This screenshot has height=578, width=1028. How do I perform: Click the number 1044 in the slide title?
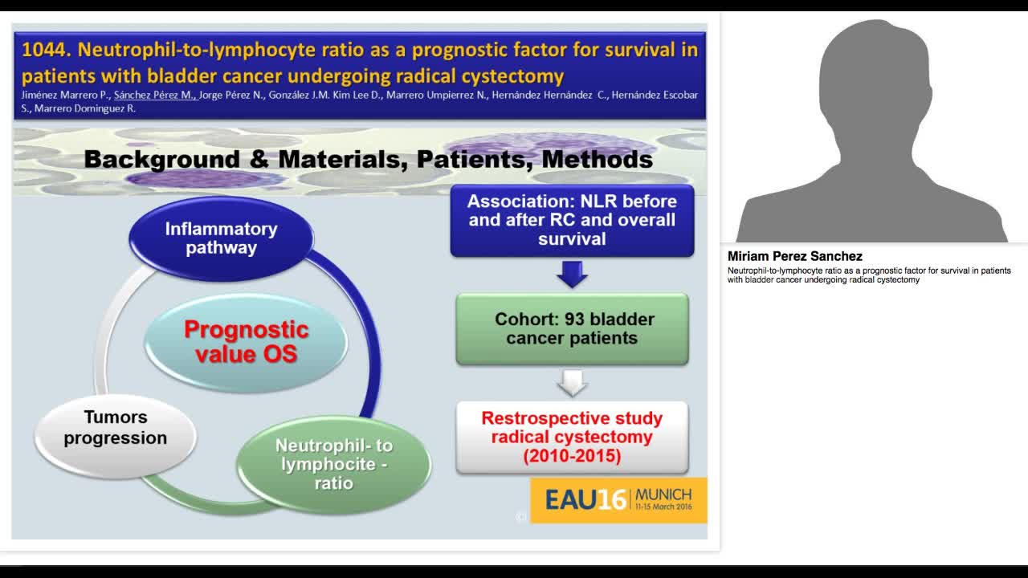click(x=45, y=51)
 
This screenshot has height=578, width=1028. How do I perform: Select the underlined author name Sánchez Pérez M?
click(x=154, y=95)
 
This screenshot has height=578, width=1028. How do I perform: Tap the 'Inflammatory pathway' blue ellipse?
click(x=221, y=238)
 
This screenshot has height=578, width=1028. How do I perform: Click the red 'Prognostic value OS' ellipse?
click(x=246, y=341)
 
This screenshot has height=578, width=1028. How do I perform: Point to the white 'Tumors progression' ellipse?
click(x=116, y=428)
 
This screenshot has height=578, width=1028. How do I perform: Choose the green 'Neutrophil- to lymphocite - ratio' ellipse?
click(x=333, y=464)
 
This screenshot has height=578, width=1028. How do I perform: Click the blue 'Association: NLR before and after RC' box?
click(x=572, y=220)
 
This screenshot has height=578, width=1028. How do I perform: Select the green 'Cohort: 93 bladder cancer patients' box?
click(x=572, y=328)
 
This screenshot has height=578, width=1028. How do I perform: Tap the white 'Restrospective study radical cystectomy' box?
click(x=572, y=438)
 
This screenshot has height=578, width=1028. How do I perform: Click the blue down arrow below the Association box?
click(x=572, y=275)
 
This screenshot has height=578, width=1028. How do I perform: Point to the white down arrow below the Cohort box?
click(x=572, y=383)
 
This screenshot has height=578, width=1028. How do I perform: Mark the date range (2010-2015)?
click(x=572, y=456)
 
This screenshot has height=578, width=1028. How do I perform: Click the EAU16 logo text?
click(x=585, y=499)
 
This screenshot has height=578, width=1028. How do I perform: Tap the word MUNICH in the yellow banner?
click(x=663, y=494)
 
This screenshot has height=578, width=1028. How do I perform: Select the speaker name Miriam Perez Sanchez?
click(x=794, y=256)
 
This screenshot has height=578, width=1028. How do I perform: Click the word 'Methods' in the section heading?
click(x=597, y=159)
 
